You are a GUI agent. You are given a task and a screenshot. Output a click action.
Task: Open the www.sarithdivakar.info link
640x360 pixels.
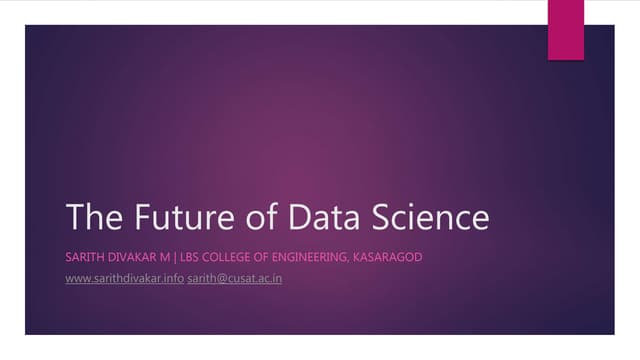[x=124, y=277]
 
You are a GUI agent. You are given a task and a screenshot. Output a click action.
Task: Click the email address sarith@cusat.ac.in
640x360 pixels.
[x=234, y=277]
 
